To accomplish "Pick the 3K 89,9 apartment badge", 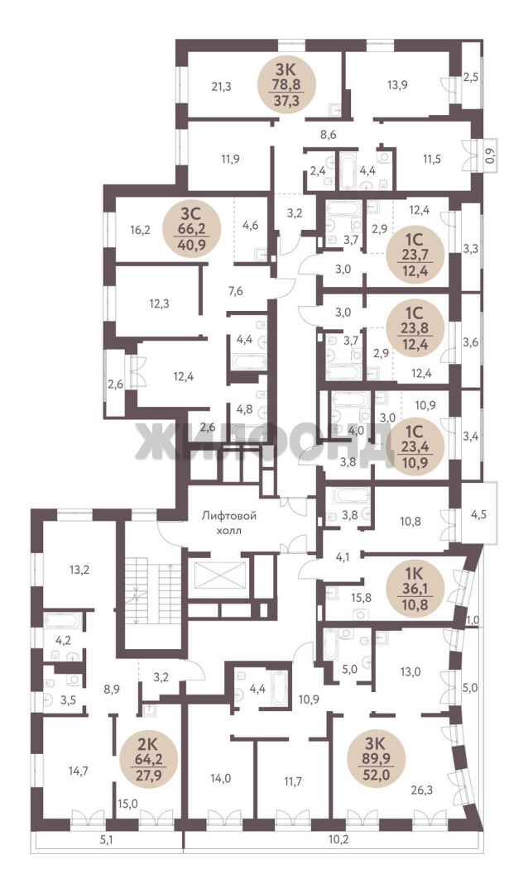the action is click(x=377, y=759).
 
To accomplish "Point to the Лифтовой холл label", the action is click(x=229, y=523).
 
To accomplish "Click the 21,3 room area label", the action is click(x=221, y=87).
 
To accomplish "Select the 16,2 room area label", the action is click(x=140, y=230).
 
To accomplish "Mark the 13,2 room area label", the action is click(x=79, y=569).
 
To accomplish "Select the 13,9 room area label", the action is click(x=397, y=85).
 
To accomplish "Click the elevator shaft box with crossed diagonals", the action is click(x=219, y=575).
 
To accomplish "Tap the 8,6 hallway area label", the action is click(x=329, y=136).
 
